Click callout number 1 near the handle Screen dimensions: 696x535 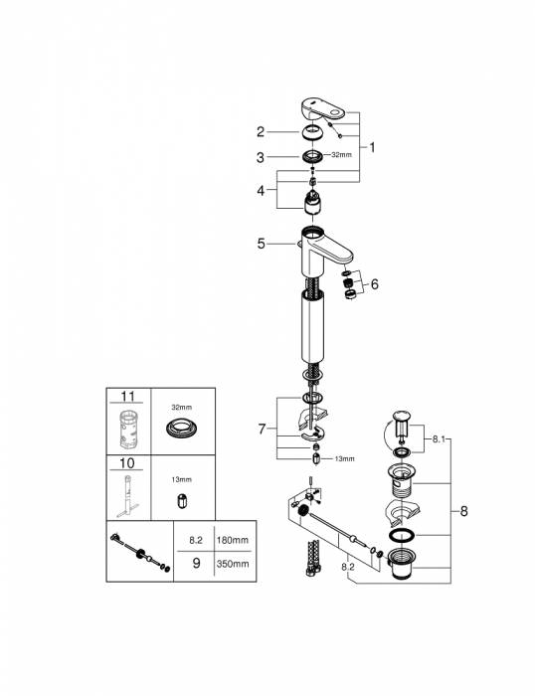click(x=372, y=147)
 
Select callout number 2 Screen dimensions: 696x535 click(x=261, y=131)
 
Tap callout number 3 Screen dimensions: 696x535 click(x=261, y=157)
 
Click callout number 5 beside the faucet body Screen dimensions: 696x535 click(x=261, y=242)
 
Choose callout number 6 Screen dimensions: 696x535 click(x=375, y=284)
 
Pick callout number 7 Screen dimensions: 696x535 click(x=261, y=430)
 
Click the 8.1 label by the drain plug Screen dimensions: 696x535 click(x=442, y=435)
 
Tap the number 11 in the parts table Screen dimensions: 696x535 click(x=124, y=396)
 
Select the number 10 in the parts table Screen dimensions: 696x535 click(x=124, y=464)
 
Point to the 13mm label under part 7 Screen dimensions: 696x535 click(x=343, y=459)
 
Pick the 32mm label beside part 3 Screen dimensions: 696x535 click(x=341, y=156)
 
